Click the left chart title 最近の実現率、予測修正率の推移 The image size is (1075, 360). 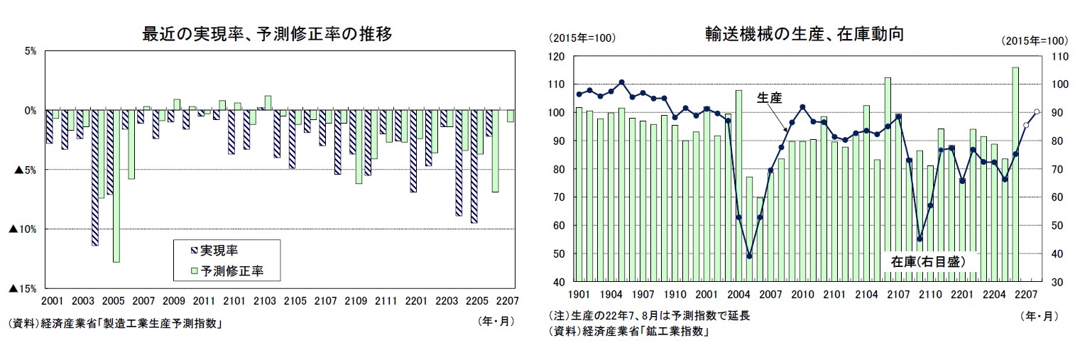click(268, 34)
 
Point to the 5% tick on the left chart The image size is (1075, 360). click(31, 51)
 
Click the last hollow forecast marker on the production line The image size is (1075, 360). click(1036, 111)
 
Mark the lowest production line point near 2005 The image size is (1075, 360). click(749, 256)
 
